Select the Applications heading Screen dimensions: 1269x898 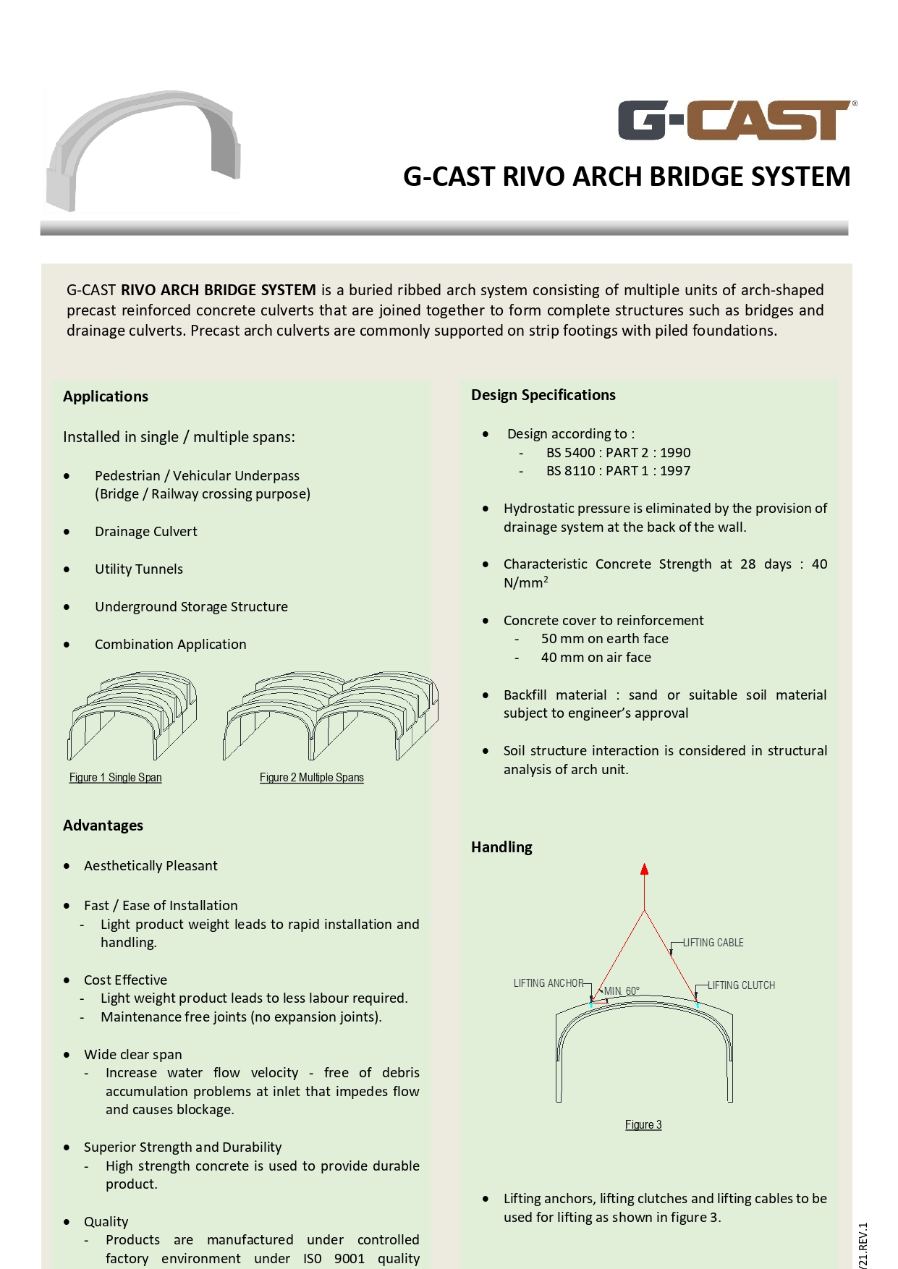point(106,396)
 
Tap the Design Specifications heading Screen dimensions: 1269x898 point(543,395)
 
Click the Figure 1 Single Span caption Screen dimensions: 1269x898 point(115,778)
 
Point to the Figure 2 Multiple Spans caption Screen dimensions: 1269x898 point(311,778)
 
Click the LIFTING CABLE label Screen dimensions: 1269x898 point(713,943)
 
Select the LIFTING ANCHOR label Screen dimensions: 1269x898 point(548,983)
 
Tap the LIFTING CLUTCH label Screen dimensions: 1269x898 point(741,985)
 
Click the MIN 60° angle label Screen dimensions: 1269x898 point(622,991)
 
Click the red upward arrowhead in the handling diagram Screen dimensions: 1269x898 point(644,869)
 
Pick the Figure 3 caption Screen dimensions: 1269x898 point(643,1125)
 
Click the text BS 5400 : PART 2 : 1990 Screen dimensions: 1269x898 point(618,453)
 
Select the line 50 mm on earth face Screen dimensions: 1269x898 point(604,639)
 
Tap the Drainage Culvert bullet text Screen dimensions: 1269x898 point(145,532)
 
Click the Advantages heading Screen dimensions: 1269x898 point(103,826)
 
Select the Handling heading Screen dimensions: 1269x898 point(501,847)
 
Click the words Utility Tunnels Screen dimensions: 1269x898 point(138,569)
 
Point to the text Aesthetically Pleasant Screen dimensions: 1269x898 point(151,866)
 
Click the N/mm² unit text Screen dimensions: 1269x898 point(525,583)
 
